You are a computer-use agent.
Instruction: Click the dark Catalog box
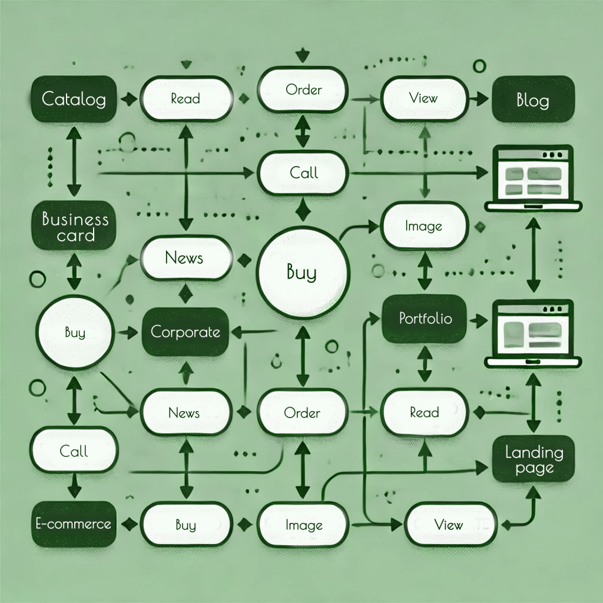coord(73,98)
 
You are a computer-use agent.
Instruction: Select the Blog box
coord(532,100)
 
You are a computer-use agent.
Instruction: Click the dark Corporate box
coord(185,332)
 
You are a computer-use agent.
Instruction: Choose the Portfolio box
coord(425,319)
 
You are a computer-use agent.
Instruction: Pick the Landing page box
coord(534,460)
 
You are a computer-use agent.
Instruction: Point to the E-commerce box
coord(73,524)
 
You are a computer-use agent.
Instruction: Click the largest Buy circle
coord(301,272)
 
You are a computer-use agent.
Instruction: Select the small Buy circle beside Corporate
coord(74,333)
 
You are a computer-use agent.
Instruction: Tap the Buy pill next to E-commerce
coord(185,524)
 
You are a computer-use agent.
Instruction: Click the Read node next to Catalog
coord(185,98)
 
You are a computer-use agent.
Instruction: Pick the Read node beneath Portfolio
coord(425,413)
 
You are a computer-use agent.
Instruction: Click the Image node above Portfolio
coord(424,226)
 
